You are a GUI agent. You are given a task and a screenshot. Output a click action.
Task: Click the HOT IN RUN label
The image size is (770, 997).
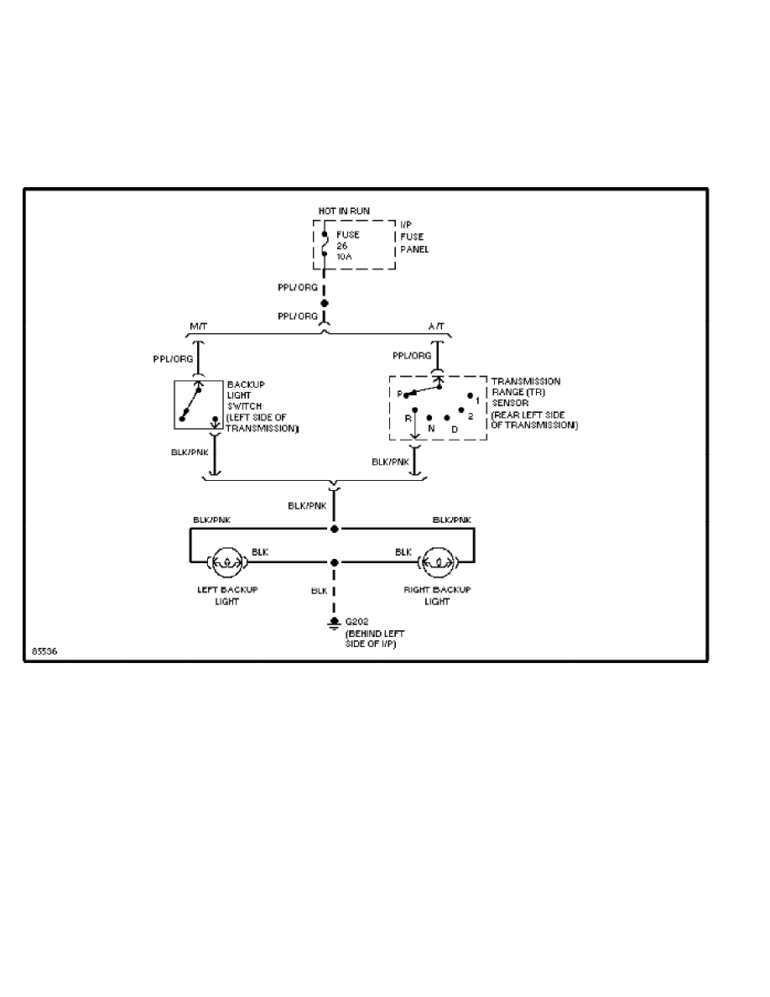(344, 210)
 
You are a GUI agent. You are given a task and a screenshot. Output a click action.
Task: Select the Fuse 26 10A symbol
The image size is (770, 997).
(325, 244)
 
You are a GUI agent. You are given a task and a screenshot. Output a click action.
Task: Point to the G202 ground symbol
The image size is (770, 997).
(334, 623)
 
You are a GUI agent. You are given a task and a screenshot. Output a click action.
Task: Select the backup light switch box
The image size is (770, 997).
(198, 406)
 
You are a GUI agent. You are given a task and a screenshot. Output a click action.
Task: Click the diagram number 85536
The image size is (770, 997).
(44, 650)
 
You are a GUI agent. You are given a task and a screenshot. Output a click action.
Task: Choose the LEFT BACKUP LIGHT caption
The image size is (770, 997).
(226, 595)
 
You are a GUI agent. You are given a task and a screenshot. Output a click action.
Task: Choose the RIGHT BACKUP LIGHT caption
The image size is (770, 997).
(437, 595)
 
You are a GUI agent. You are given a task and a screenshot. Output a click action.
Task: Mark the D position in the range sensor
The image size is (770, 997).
(454, 429)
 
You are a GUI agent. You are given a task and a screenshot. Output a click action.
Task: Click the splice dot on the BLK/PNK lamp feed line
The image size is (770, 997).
(334, 530)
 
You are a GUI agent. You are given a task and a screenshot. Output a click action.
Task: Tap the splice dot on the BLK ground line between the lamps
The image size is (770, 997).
(334, 562)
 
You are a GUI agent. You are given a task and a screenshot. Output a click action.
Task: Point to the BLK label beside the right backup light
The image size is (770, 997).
(403, 551)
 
